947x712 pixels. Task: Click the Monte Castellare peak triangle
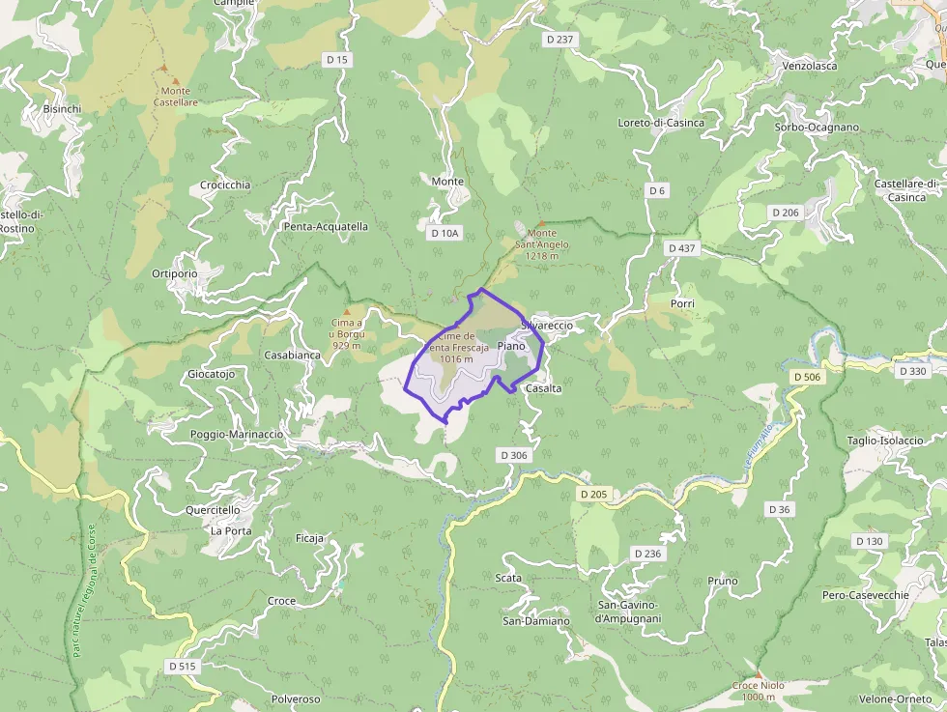tap(162, 68)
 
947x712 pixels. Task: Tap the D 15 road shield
tap(337, 60)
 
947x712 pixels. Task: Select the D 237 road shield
tap(560, 40)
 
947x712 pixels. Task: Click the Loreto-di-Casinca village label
tap(661, 123)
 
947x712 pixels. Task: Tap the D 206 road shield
tap(786, 212)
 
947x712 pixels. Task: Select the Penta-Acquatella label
tap(326, 227)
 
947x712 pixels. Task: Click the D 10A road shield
tap(445, 233)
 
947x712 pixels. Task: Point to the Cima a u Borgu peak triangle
tap(347, 311)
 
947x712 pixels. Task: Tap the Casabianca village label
tap(293, 355)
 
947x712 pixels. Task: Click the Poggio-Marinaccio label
tap(237, 435)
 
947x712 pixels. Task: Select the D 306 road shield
tap(515, 454)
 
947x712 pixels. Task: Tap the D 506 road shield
tap(806, 376)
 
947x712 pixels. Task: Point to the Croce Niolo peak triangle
tap(759, 674)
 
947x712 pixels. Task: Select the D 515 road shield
tap(182, 666)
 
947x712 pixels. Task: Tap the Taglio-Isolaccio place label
tap(885, 441)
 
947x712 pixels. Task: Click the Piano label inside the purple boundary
tap(511, 346)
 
